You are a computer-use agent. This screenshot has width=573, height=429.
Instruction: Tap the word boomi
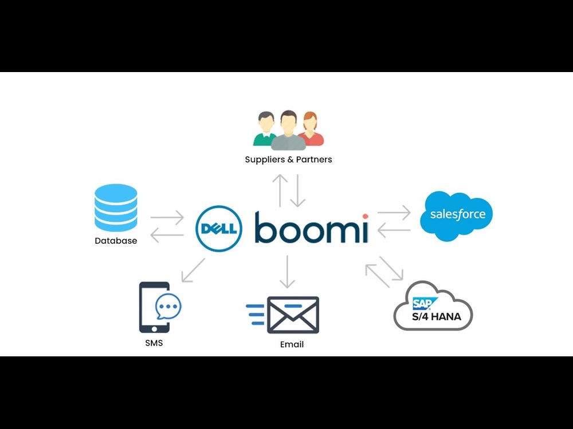(x=311, y=227)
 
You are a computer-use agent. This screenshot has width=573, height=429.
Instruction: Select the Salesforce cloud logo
(x=456, y=215)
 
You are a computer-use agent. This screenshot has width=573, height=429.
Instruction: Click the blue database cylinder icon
(x=116, y=207)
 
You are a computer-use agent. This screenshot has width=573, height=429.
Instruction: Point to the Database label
(x=116, y=241)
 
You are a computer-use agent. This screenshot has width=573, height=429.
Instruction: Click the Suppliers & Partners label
(x=288, y=160)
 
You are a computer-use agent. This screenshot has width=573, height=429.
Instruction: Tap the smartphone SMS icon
(x=155, y=307)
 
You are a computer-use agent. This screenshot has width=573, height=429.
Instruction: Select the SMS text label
(x=154, y=343)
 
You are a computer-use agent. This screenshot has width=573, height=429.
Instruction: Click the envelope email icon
(x=292, y=315)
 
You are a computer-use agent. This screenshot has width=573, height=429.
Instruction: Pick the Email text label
(x=292, y=344)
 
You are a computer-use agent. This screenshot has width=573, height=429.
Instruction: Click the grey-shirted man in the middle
(x=288, y=132)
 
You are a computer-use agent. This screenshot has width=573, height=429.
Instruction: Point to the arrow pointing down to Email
(x=287, y=272)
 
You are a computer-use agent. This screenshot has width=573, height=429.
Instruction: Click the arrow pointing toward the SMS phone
(x=193, y=270)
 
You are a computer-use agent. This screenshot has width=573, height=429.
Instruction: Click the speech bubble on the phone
(x=168, y=307)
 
